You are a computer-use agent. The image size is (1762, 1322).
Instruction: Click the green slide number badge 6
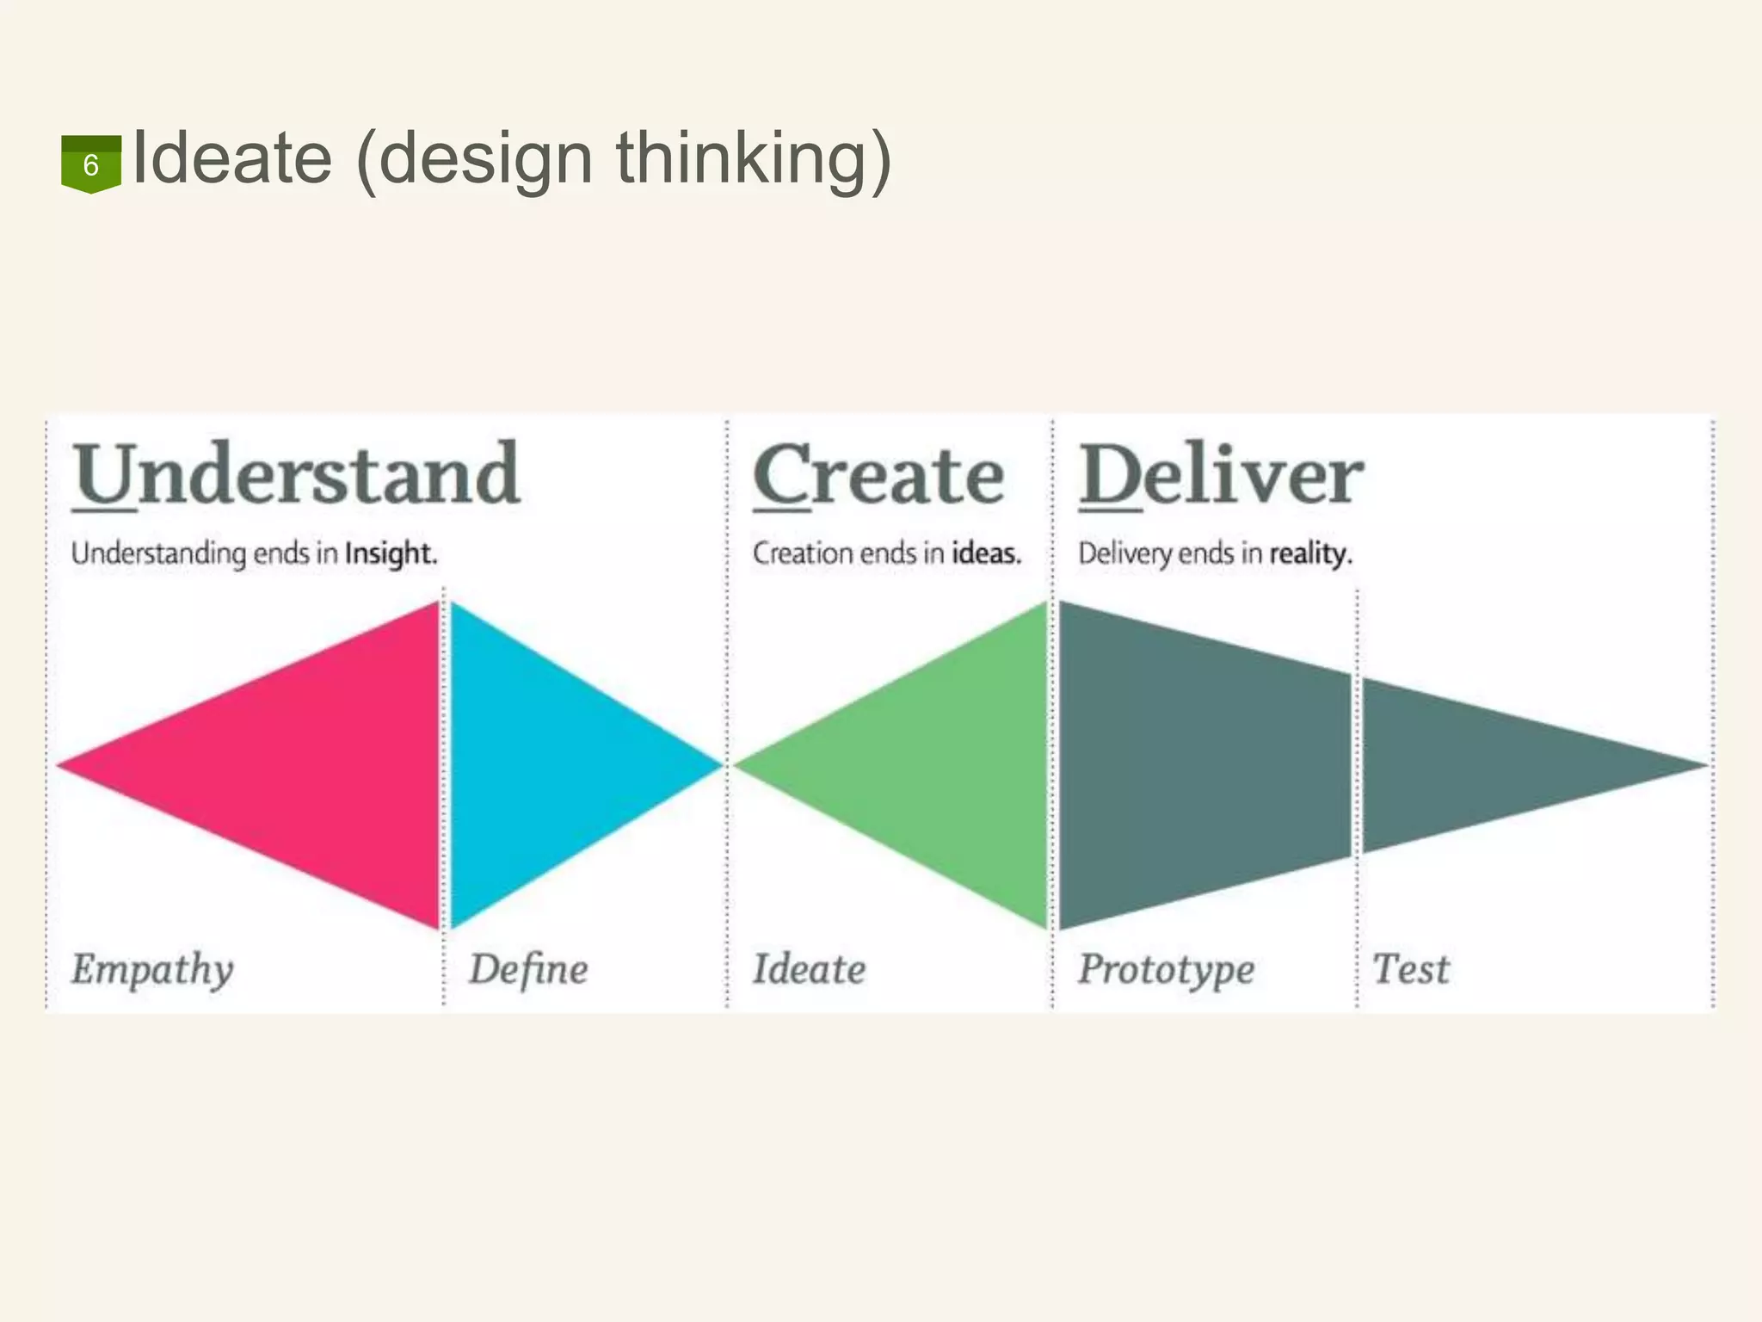90,164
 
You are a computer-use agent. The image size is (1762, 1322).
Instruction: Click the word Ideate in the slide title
232,158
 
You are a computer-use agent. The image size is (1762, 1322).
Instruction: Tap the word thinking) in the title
754,160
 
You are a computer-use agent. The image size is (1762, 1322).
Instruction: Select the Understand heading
296,475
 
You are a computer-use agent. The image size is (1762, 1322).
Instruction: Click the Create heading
878,475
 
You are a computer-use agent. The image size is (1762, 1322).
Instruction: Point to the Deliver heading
1221,475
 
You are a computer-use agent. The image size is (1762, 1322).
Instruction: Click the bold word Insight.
391,553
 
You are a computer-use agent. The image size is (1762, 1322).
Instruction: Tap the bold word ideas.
986,553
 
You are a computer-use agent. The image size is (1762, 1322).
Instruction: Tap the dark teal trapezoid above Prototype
1204,764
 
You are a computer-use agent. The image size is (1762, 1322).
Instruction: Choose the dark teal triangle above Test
1480,764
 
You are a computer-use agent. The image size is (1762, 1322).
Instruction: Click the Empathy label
152,970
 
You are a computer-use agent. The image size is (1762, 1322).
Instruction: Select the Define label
528,970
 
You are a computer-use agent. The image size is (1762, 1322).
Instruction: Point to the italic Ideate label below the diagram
809,970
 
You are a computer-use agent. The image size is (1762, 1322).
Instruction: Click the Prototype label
1166,970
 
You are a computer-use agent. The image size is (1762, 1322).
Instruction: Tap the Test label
1411,970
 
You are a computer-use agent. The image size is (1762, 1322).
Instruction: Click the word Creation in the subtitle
803,553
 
